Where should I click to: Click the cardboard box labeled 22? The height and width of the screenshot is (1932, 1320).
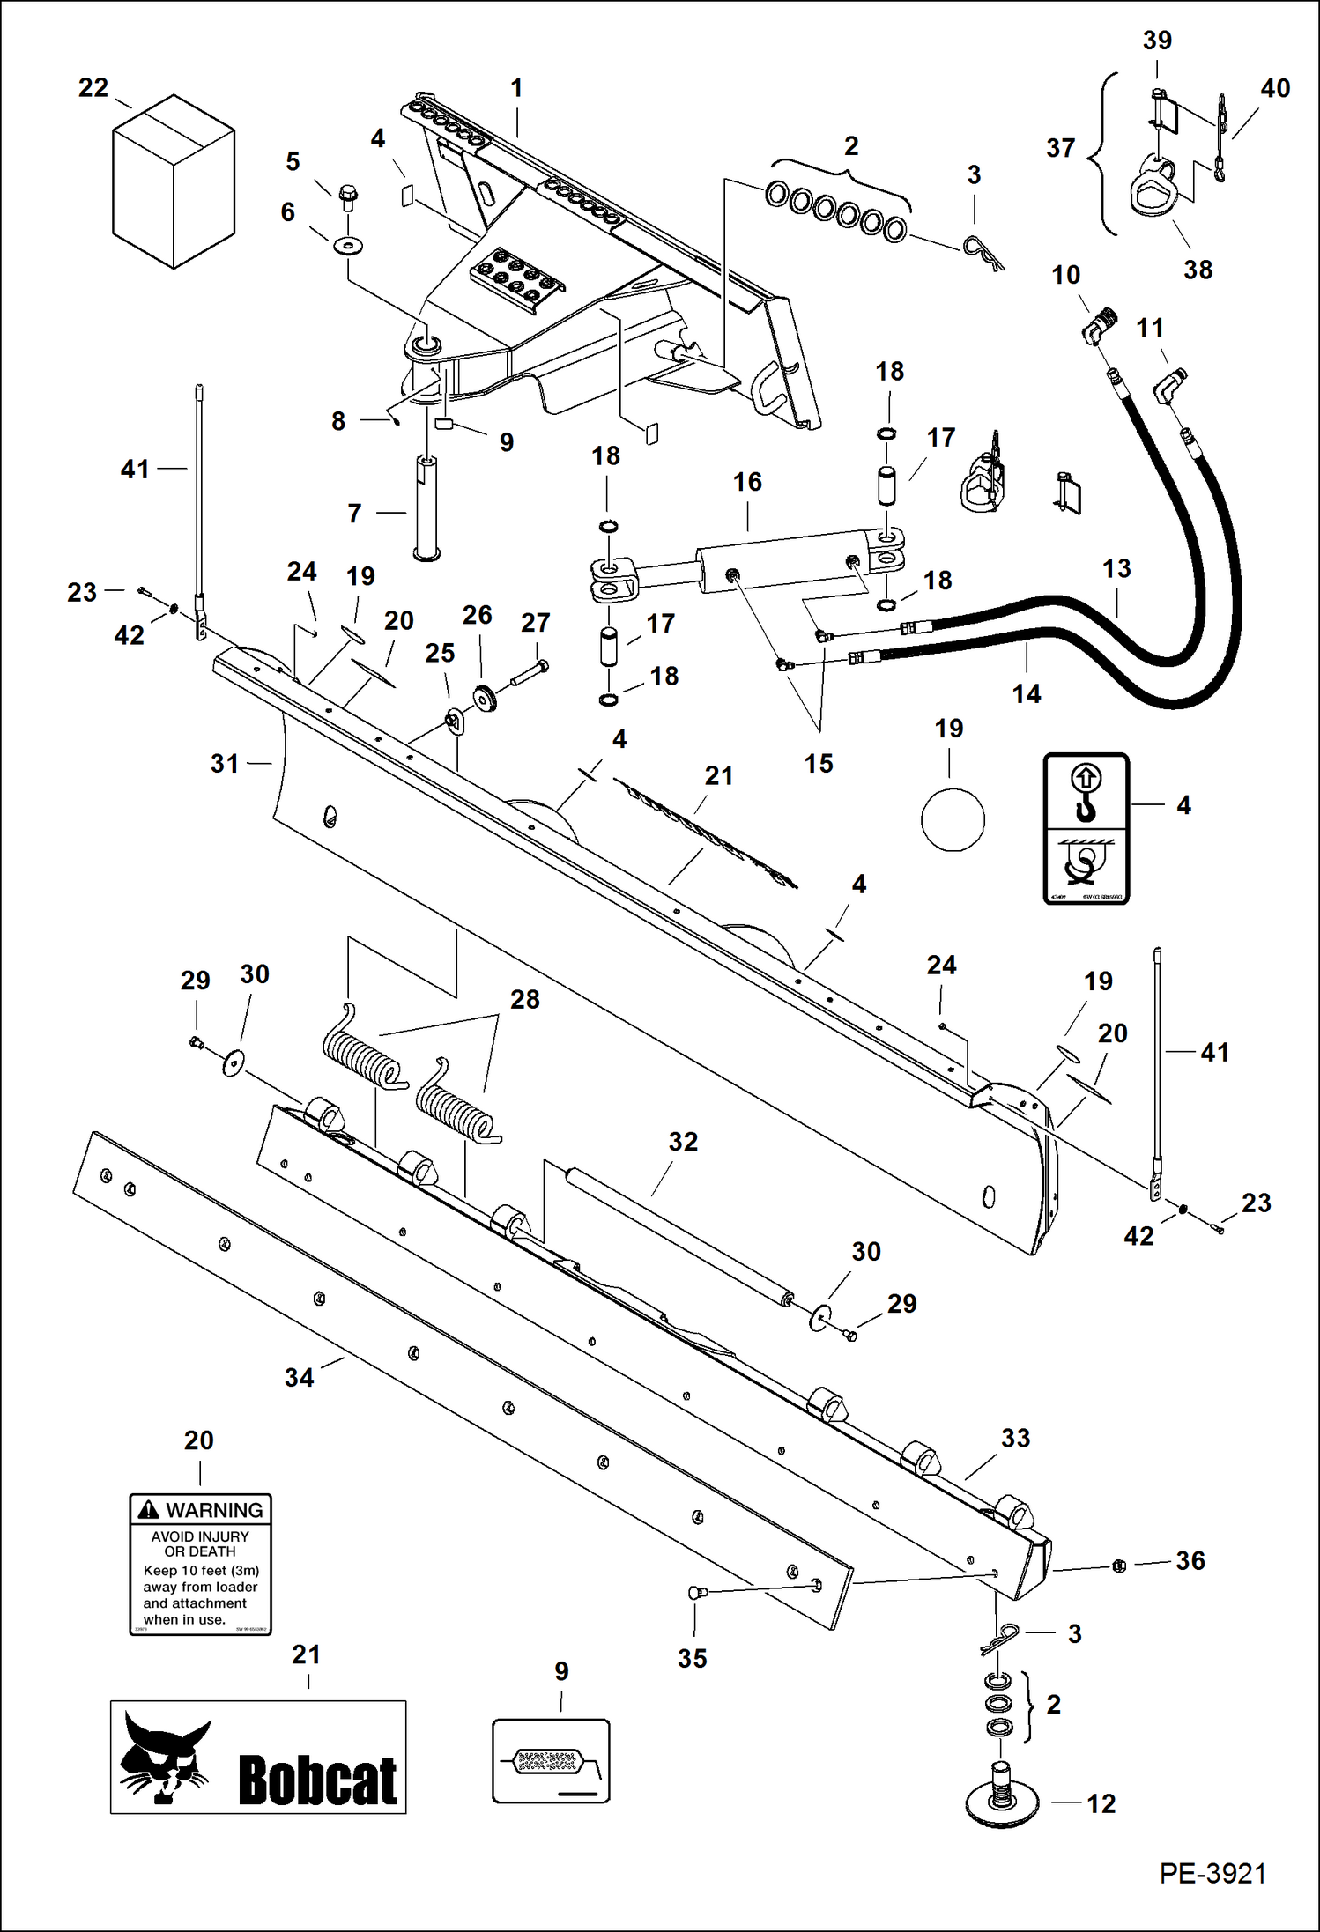click(x=174, y=181)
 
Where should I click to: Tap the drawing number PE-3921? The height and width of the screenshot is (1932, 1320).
click(x=1212, y=1874)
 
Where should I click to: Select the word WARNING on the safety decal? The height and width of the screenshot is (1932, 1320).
click(x=214, y=1510)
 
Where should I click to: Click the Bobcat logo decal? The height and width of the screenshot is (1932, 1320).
click(x=258, y=1757)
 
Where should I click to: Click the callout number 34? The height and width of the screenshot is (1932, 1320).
click(x=299, y=1378)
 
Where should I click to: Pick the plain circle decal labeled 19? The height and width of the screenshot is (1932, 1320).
click(x=953, y=819)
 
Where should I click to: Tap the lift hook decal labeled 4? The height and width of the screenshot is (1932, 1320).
click(x=1086, y=828)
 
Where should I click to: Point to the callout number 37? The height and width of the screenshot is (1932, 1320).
click(x=1060, y=148)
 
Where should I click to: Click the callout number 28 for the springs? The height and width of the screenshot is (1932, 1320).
click(x=524, y=999)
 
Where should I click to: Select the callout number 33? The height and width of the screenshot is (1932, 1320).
click(x=1015, y=1438)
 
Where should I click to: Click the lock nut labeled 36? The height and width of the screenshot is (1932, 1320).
click(x=1119, y=1566)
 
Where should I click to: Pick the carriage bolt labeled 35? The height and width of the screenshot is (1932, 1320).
click(x=695, y=1591)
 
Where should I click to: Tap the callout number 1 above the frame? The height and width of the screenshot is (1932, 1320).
click(x=516, y=88)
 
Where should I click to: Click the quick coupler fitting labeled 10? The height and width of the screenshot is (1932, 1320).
click(x=1098, y=327)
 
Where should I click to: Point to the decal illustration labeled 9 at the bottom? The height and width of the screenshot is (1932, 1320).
click(x=551, y=1761)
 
